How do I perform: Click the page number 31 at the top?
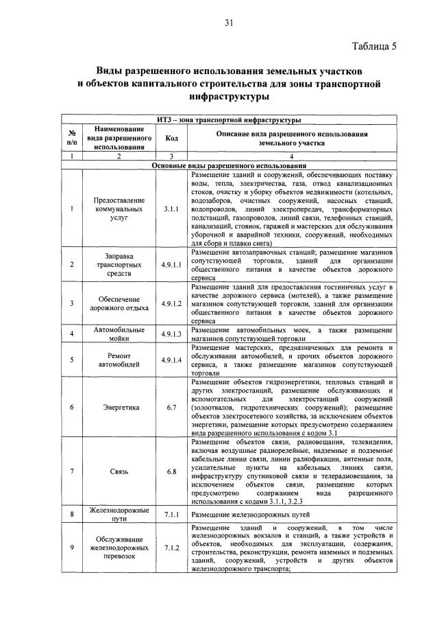[x=229, y=23]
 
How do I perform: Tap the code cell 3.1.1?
[x=171, y=208]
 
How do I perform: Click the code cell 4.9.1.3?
[x=171, y=334]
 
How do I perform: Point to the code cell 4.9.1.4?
[x=171, y=360]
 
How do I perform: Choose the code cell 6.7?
[x=171, y=407]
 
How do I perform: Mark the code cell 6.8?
[x=171, y=471]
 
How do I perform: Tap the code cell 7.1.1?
[x=171, y=513]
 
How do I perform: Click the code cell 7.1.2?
[x=171, y=548]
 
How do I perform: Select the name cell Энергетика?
[x=121, y=407]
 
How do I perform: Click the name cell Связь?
[x=121, y=471]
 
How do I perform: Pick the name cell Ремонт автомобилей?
[x=121, y=360]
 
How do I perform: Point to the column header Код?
[x=171, y=138]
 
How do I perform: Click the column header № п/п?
[x=72, y=138]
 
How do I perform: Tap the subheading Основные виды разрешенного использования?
[x=229, y=165]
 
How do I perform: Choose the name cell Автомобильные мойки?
[x=121, y=334]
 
